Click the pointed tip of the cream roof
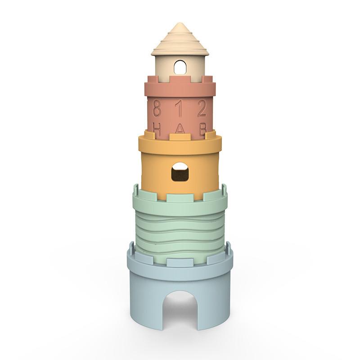180,24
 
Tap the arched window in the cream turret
180,67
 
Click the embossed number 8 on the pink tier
157,108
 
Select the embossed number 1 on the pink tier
179,108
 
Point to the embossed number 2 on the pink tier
202,108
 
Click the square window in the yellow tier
180,172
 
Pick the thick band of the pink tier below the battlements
180,90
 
